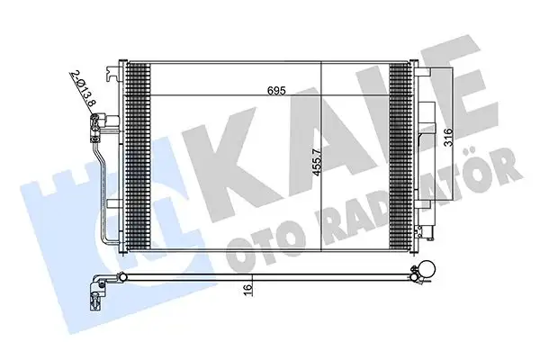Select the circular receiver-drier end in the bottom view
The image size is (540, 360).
(x=426, y=273)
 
